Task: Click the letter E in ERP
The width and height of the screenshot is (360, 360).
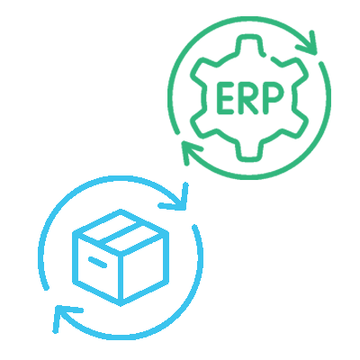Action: click(x=225, y=97)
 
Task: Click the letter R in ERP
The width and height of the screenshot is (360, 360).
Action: click(x=247, y=97)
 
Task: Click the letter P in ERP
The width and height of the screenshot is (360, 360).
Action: click(x=272, y=97)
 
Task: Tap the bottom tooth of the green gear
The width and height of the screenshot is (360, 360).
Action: click(x=249, y=151)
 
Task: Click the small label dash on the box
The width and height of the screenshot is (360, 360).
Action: click(x=97, y=262)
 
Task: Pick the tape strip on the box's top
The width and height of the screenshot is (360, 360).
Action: click(x=121, y=234)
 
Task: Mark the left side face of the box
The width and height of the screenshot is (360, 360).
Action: click(x=97, y=267)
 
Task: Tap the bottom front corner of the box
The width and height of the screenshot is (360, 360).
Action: click(x=121, y=303)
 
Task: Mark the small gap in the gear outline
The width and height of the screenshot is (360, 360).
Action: click(x=268, y=57)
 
